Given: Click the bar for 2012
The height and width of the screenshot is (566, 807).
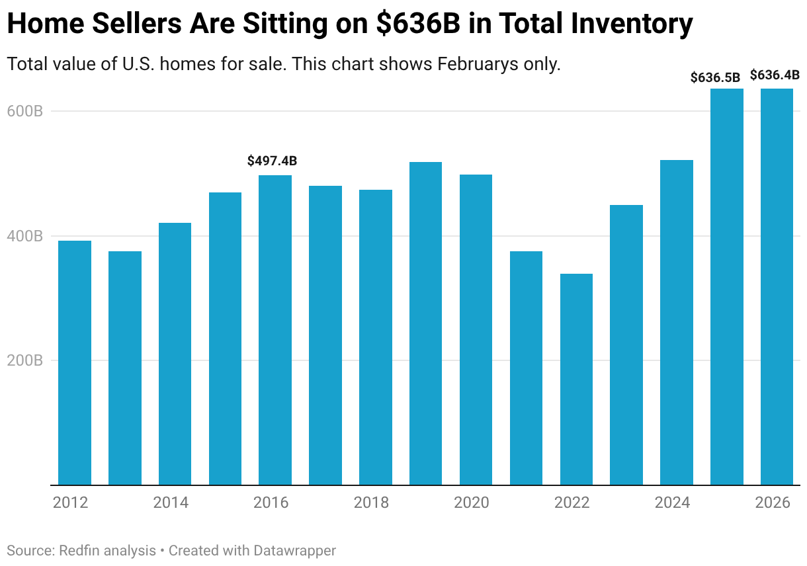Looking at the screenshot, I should pyautogui.click(x=75, y=362).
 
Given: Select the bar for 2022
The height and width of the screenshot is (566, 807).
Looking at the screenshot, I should pyautogui.click(x=576, y=379).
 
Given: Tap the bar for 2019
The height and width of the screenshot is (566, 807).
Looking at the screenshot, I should pyautogui.click(x=425, y=323).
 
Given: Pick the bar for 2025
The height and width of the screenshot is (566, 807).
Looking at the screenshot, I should pyautogui.click(x=726, y=286).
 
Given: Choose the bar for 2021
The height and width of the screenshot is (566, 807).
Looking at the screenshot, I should pyautogui.click(x=526, y=368).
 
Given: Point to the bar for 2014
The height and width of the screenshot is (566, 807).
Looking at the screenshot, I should pyautogui.click(x=175, y=354).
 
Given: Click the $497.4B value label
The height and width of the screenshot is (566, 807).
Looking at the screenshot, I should pyautogui.click(x=272, y=161).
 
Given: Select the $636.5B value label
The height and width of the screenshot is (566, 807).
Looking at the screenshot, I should pyautogui.click(x=715, y=77).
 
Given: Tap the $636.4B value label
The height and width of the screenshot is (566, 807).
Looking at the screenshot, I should pyautogui.click(x=775, y=75).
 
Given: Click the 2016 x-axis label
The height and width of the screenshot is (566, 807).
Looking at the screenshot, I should pyautogui.click(x=271, y=503).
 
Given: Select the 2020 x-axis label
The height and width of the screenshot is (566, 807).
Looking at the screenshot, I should pyautogui.click(x=472, y=503).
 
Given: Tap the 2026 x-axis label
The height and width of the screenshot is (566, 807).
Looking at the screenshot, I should pyautogui.click(x=773, y=503).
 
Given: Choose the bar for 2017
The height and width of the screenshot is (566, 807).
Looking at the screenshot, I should pyautogui.click(x=325, y=335).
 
